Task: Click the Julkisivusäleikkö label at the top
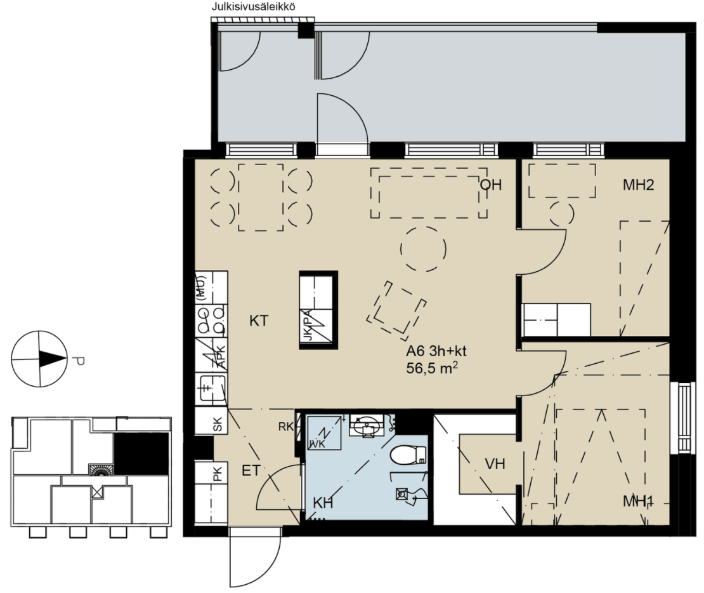[253, 7]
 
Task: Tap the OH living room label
[491, 185]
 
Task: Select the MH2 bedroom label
[638, 185]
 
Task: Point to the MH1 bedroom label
[638, 501]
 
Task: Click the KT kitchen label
[259, 321]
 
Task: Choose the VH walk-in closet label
[495, 464]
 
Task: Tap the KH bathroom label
[323, 503]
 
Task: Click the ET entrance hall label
[251, 470]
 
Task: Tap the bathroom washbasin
[367, 425]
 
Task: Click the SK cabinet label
[218, 424]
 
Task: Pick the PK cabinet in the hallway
[211, 492]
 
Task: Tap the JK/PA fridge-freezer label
[308, 324]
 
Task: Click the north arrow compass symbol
[39, 359]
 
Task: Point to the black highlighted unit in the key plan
[141, 453]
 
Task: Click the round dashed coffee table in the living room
[424, 249]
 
